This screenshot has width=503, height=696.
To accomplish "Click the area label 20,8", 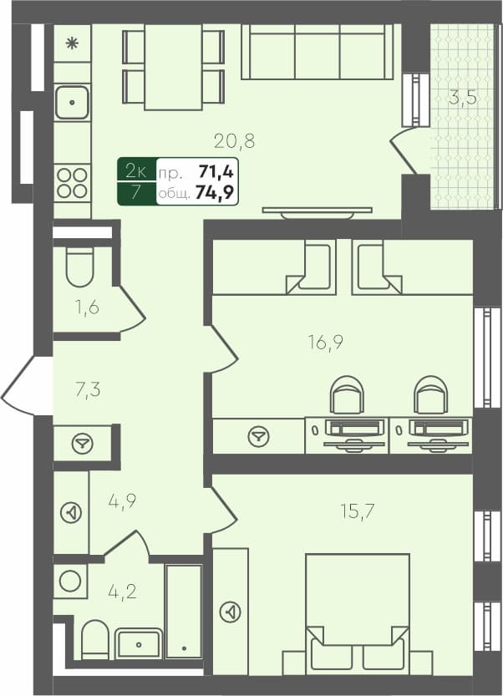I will click(x=233, y=141).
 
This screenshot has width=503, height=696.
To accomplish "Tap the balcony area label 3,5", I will click(x=462, y=97).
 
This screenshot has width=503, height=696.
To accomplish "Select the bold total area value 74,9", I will click(x=216, y=194).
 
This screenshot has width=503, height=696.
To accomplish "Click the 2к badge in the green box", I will click(x=135, y=172).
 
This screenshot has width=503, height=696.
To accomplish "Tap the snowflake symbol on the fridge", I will click(x=72, y=43).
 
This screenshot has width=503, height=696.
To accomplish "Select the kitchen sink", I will click(x=72, y=104).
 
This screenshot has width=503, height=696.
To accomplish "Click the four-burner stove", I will click(x=72, y=183).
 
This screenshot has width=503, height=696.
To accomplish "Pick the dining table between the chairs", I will click(x=173, y=67).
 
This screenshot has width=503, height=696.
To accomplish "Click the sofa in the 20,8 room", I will click(x=318, y=52).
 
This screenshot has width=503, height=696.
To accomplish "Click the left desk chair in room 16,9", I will click(x=347, y=394).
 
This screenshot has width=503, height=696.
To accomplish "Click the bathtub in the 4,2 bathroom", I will click(x=183, y=612).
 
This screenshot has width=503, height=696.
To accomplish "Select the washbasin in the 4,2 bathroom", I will click(x=139, y=643).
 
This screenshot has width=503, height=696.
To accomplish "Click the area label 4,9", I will click(x=122, y=501).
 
